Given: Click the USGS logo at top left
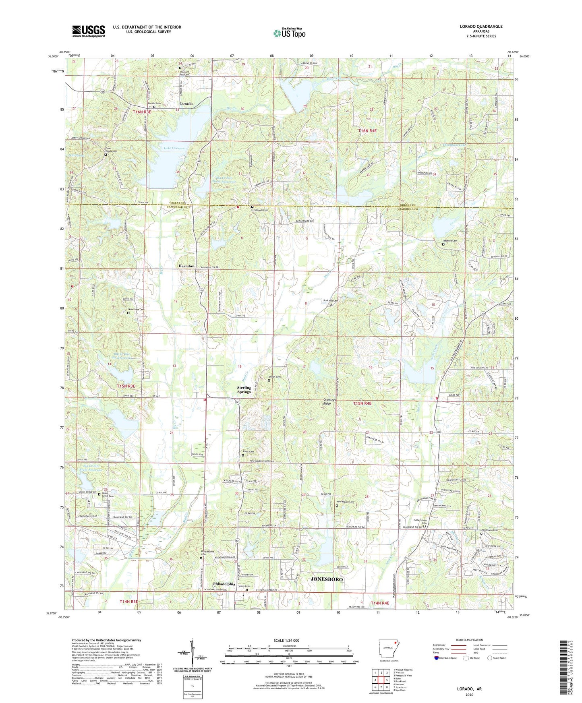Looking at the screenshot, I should [89, 31].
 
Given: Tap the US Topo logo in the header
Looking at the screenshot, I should [289, 33].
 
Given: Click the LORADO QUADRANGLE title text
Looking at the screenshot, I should [481, 27].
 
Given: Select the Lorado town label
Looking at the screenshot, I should [186, 103].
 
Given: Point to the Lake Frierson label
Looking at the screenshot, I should [174, 148].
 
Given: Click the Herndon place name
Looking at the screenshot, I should [186, 266].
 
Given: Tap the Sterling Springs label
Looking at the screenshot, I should [244, 390].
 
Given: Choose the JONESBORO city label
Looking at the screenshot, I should [327, 579].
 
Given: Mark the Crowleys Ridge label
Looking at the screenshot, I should [330, 402].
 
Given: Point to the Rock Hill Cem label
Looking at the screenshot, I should [330, 301].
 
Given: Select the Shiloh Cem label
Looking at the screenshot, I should [274, 377].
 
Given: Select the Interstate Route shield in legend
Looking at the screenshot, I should [437, 658].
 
